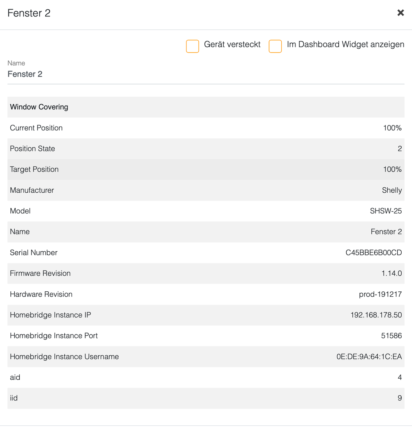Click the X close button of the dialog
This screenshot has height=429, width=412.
point(401,13)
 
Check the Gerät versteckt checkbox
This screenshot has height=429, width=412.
point(193,46)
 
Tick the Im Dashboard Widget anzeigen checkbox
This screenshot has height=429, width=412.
point(275,46)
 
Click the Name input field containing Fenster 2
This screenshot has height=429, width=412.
point(205,74)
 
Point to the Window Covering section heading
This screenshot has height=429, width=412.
point(39,107)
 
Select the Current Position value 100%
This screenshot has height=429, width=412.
point(392,128)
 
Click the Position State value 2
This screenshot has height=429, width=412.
point(399,149)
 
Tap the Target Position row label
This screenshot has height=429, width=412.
point(34,169)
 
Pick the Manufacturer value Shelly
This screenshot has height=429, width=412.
point(392,190)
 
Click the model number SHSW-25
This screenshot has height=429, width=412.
point(386,211)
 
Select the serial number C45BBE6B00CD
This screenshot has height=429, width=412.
point(373,253)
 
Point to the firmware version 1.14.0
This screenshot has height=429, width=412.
point(391,273)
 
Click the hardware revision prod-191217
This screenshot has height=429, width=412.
point(380,294)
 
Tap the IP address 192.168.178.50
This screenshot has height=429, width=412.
point(376,315)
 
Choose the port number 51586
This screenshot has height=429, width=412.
point(391,336)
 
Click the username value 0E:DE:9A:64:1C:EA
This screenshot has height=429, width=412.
point(369,357)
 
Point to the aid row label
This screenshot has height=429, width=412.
point(15,378)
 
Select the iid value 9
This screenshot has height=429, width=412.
point(399,398)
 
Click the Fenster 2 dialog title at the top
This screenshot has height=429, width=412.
point(29,13)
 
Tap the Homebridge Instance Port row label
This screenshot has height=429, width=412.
point(54,336)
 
